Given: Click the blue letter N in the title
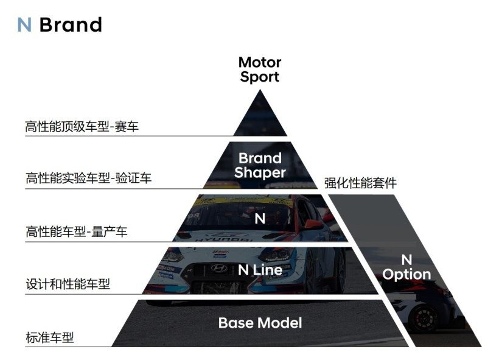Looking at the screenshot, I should [24, 25].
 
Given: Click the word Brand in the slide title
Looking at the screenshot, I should [71, 25].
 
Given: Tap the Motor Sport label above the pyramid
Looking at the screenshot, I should [260, 69].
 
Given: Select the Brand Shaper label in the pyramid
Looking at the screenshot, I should [260, 165].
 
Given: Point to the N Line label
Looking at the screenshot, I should [260, 270].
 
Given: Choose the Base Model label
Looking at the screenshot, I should [260, 322].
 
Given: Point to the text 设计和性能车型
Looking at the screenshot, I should [68, 284].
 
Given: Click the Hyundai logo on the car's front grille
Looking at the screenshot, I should [218, 269].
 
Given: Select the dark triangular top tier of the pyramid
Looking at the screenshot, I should [260, 116].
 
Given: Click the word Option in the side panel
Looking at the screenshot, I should [407, 274].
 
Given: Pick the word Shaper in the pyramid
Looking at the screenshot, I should [260, 172].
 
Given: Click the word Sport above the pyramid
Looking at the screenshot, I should [260, 77].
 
